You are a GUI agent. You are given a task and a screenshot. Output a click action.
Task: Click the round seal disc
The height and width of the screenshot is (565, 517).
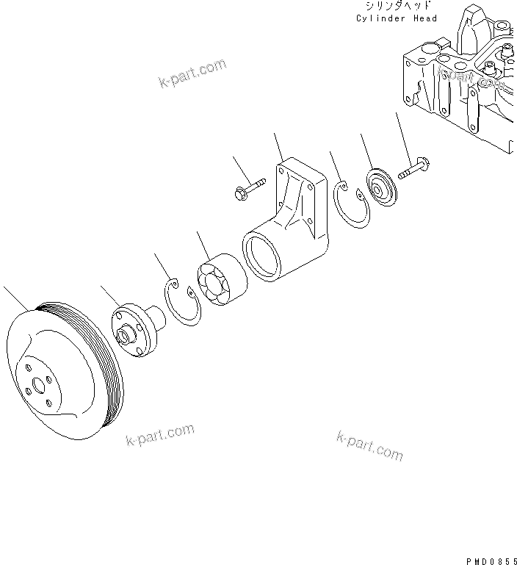382,187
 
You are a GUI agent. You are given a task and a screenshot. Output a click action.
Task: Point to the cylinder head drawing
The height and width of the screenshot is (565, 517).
463,81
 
